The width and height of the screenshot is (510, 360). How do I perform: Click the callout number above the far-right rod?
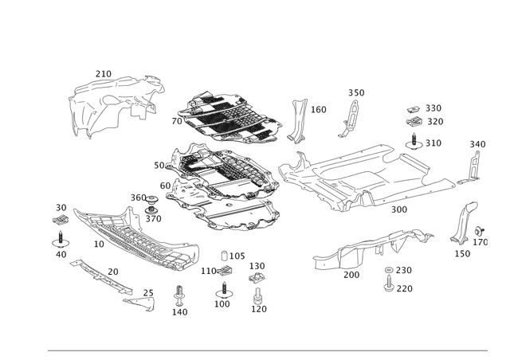477,143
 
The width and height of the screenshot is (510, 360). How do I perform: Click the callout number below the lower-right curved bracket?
462,254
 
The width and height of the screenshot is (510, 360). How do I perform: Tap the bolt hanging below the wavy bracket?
389,279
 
